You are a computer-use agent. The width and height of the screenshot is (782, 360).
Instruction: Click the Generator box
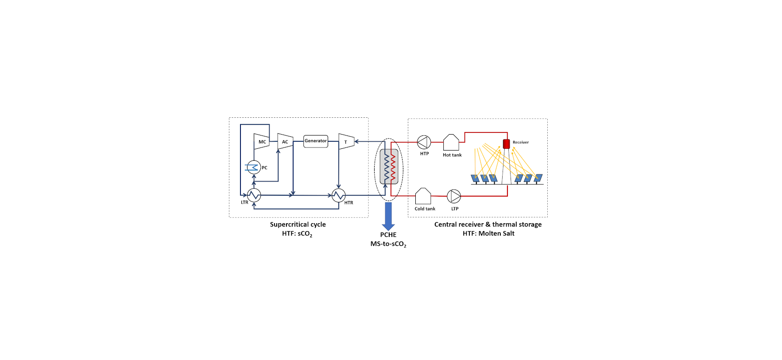pos(316,141)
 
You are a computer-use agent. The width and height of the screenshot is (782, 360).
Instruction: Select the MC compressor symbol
pos(261,141)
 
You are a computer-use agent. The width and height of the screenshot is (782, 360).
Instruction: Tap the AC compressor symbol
pos(285,141)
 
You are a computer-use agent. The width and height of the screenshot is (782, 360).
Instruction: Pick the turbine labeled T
pos(346,142)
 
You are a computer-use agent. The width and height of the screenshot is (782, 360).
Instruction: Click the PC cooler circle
pos(254,167)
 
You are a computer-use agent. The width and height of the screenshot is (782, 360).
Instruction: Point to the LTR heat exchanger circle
pos(254,195)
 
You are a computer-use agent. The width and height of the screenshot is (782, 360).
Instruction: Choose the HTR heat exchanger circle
pos(339,195)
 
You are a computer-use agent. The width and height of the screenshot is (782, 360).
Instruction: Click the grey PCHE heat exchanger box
pos(389,166)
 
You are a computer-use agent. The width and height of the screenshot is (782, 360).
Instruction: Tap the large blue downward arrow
pos(388,216)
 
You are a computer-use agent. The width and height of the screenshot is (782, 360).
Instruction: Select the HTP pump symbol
pos(424,142)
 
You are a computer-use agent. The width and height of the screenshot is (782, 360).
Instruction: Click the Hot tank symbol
pos(451,143)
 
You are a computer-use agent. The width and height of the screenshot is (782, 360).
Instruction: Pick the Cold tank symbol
pos(423,196)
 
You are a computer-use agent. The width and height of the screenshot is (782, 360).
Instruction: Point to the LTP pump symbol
pos(454,196)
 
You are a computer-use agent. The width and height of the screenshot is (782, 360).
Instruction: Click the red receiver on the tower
pos(507,144)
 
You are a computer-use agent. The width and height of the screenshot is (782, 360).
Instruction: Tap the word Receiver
pos(521,143)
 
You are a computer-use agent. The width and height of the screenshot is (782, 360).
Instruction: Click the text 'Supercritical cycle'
pos(298,225)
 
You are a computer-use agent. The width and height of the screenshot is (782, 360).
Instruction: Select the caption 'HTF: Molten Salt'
pos(488,234)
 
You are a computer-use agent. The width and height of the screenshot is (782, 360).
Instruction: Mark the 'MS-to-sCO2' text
pos(388,244)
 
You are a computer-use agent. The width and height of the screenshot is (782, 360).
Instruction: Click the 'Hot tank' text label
pos(452,155)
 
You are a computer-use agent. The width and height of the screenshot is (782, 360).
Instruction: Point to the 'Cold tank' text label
pos(425,209)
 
